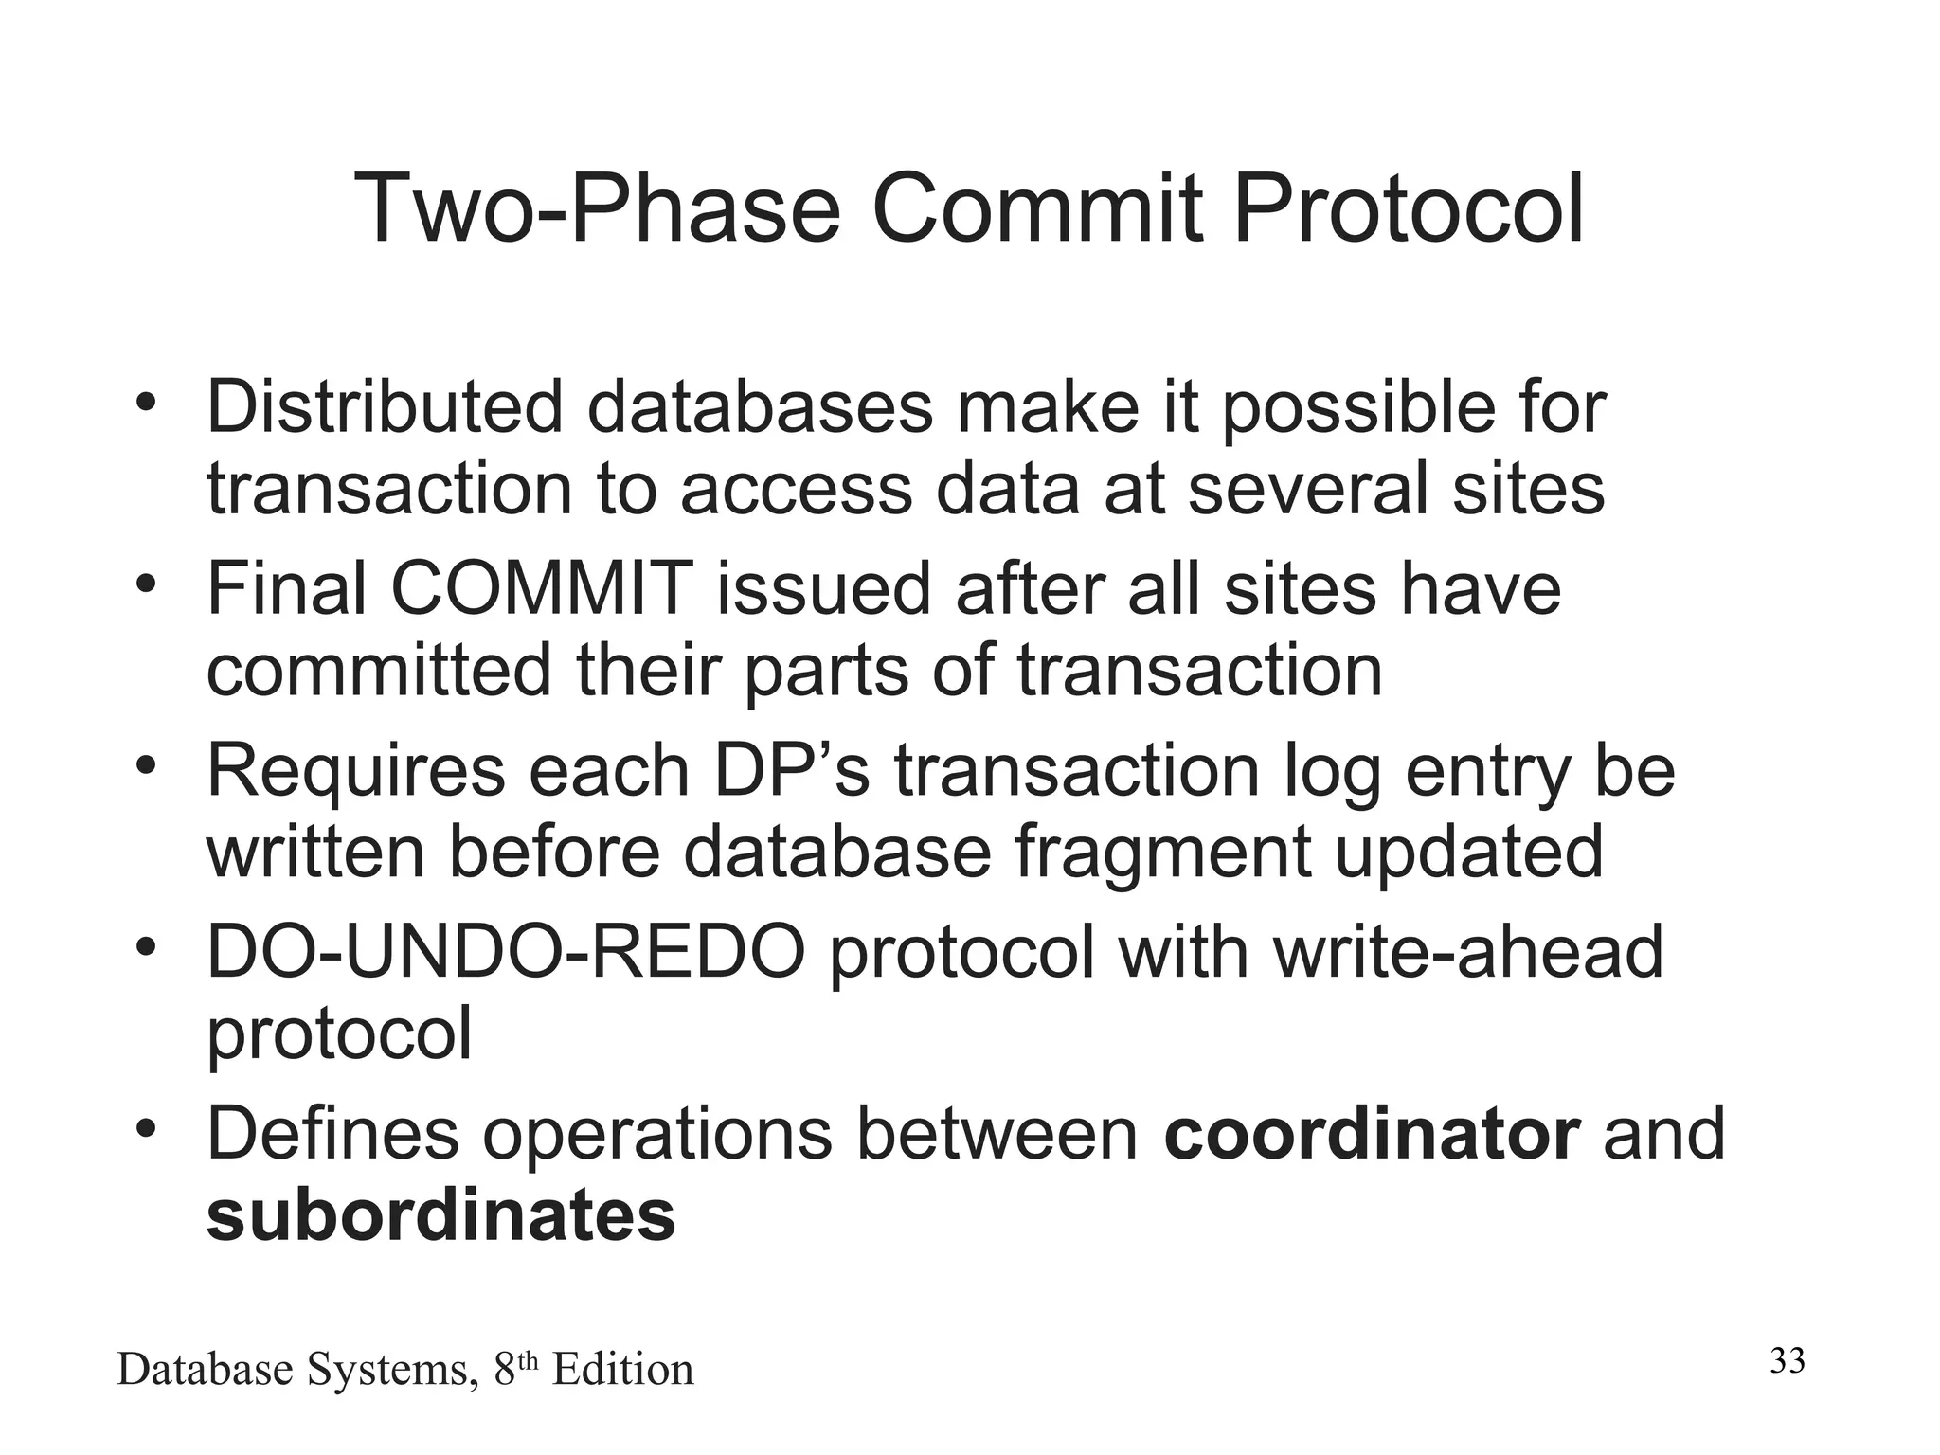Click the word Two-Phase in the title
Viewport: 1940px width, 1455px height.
tap(597, 208)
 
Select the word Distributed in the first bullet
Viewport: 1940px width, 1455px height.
tap(385, 407)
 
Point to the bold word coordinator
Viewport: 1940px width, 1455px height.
tap(1372, 1134)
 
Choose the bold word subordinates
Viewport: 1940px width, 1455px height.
tap(440, 1215)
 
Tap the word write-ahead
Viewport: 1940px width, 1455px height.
tap(1468, 953)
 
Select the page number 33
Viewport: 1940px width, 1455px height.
tap(1787, 1361)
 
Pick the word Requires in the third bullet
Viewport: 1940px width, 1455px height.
tap(356, 771)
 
